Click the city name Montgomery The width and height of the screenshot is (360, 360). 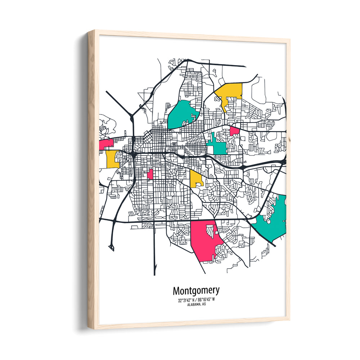(x=195, y=291)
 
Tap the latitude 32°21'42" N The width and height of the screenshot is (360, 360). (x=185, y=300)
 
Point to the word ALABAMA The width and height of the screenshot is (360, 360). (x=193, y=305)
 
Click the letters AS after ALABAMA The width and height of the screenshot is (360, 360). (x=204, y=305)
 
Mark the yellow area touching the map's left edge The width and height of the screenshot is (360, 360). (x=112, y=159)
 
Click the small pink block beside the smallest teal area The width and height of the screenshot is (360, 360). (x=234, y=131)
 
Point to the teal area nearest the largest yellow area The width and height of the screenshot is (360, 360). (x=184, y=114)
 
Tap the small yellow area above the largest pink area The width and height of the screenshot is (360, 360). (x=196, y=178)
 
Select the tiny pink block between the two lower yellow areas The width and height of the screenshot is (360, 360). (x=150, y=174)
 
